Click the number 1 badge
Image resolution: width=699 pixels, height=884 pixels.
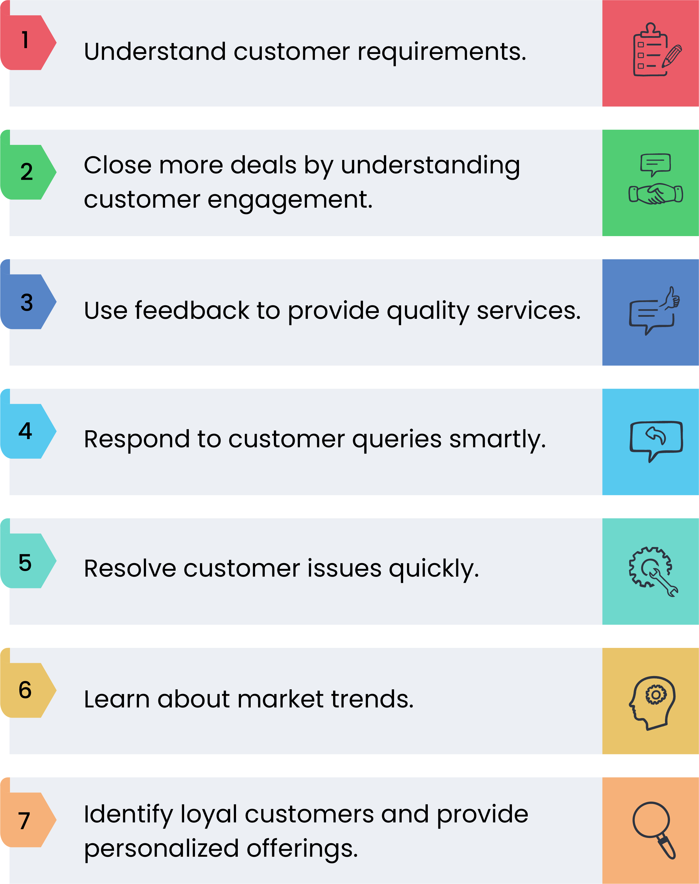coord(28,42)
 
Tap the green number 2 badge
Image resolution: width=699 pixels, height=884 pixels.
coord(28,172)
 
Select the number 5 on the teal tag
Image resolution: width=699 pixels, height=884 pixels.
coord(25,563)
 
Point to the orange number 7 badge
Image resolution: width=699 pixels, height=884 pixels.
coord(28,820)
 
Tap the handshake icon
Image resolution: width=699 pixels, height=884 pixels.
coord(656,194)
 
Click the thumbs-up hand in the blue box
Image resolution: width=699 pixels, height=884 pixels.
coord(670,298)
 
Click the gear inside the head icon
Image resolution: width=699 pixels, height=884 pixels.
coord(656,695)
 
